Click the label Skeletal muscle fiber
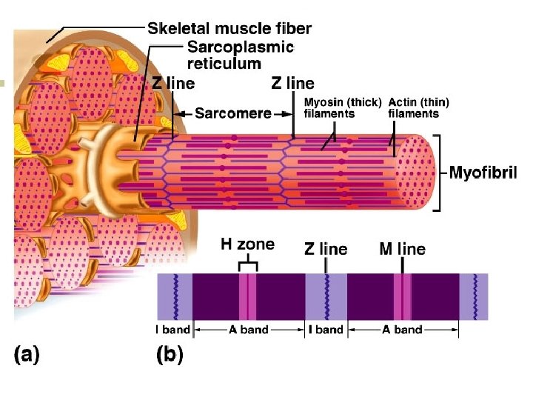click(x=229, y=29)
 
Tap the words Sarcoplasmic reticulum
click(x=240, y=54)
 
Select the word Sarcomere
click(x=232, y=113)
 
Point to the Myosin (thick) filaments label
click(x=343, y=107)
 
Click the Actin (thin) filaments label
click(x=418, y=107)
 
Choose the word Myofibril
click(x=483, y=173)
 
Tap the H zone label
click(x=247, y=244)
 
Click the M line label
click(x=402, y=249)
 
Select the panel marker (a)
click(x=27, y=355)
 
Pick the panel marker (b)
click(x=170, y=355)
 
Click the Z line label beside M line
click(x=326, y=249)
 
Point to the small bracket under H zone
click(x=248, y=264)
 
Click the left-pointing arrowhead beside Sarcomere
click(x=178, y=114)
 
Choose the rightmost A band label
click(x=402, y=330)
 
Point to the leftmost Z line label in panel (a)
click(x=173, y=83)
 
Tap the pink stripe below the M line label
click(x=402, y=296)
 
